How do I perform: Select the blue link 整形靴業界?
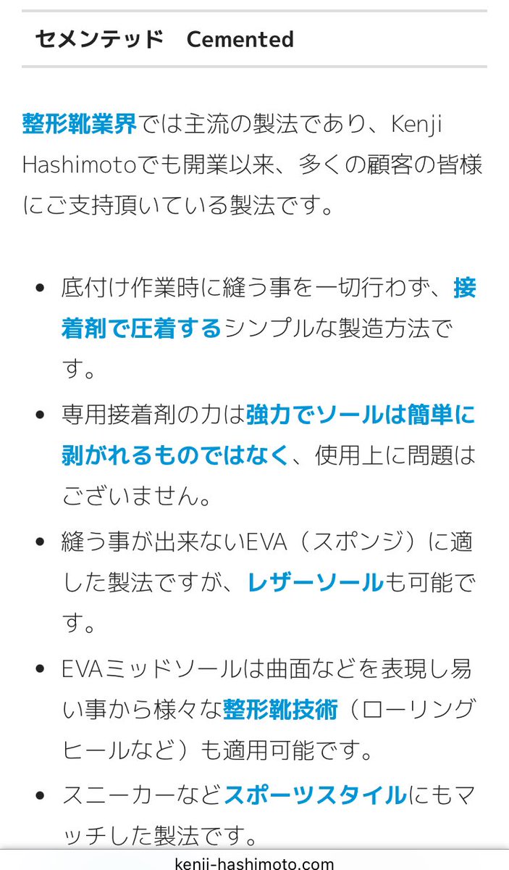pyautogui.click(x=79, y=124)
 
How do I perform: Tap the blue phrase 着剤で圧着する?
pyautogui.click(x=141, y=329)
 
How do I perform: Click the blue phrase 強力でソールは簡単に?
pyautogui.click(x=361, y=415)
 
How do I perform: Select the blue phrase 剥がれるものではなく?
pyautogui.click(x=175, y=456)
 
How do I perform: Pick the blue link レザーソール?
pyautogui.click(x=315, y=582)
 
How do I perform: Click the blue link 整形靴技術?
pyautogui.click(x=280, y=709)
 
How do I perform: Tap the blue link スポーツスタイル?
pyautogui.click(x=315, y=795)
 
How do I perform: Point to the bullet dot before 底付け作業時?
pyautogui.click(x=40, y=289)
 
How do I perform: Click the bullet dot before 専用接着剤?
pyautogui.click(x=40, y=415)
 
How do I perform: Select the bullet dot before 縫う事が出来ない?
pyautogui.click(x=40, y=542)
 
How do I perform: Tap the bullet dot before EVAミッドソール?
pyautogui.click(x=40, y=668)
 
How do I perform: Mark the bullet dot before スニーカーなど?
pyautogui.click(x=40, y=795)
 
